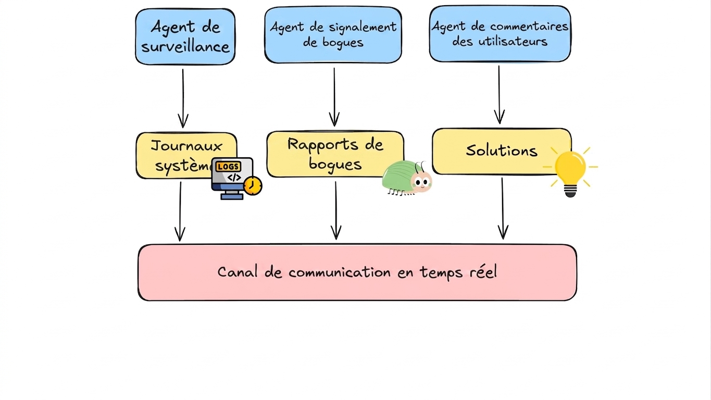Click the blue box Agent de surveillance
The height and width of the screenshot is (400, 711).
[x=185, y=36]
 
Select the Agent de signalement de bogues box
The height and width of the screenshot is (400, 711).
[x=333, y=34]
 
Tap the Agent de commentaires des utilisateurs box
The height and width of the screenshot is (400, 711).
[x=500, y=33]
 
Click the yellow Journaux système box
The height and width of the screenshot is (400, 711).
[x=186, y=155]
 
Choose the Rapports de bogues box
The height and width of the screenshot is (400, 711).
[x=335, y=154]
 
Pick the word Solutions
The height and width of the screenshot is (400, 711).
[x=502, y=151]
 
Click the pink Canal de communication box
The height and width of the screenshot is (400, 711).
[x=357, y=272]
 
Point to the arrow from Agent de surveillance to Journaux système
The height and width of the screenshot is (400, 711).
[x=183, y=98]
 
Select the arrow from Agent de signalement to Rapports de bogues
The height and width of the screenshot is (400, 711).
[x=334, y=97]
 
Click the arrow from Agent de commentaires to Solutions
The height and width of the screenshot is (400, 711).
[x=500, y=95]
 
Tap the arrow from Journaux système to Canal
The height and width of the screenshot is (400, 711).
[x=180, y=211]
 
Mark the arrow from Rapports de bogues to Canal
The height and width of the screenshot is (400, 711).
[x=336, y=210]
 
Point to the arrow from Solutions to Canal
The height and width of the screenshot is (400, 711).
[x=503, y=208]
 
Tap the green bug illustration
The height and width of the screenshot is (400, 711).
[x=407, y=178]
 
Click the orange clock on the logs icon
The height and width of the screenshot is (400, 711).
[x=253, y=186]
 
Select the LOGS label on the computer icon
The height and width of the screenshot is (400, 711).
[x=228, y=166]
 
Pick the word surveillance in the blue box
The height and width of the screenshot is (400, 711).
[x=185, y=47]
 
